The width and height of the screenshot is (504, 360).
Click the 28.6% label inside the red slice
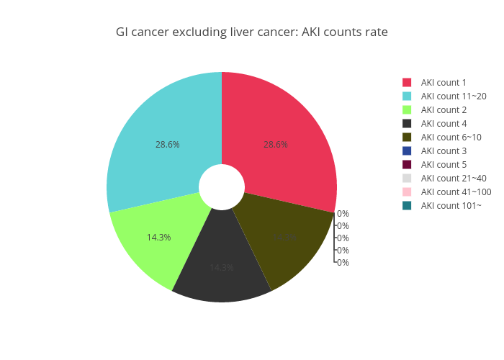point(276,144)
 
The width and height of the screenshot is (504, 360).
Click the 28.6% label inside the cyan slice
point(168,144)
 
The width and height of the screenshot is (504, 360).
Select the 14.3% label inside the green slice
point(158,237)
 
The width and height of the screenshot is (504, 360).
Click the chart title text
point(252,32)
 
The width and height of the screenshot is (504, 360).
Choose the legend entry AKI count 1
point(444,83)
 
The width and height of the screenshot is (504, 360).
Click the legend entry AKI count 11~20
point(454,96)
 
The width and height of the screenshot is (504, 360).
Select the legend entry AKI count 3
point(444,151)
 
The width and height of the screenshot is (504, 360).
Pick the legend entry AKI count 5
point(444,165)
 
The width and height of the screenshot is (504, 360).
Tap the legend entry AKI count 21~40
point(454,179)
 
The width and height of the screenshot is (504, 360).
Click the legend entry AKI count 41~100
point(456,192)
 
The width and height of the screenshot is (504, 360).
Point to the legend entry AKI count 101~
point(450,206)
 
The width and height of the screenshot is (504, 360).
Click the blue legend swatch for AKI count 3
point(407,151)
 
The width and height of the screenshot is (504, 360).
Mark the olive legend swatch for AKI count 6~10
point(407,138)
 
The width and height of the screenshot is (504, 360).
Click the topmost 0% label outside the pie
point(343,214)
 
